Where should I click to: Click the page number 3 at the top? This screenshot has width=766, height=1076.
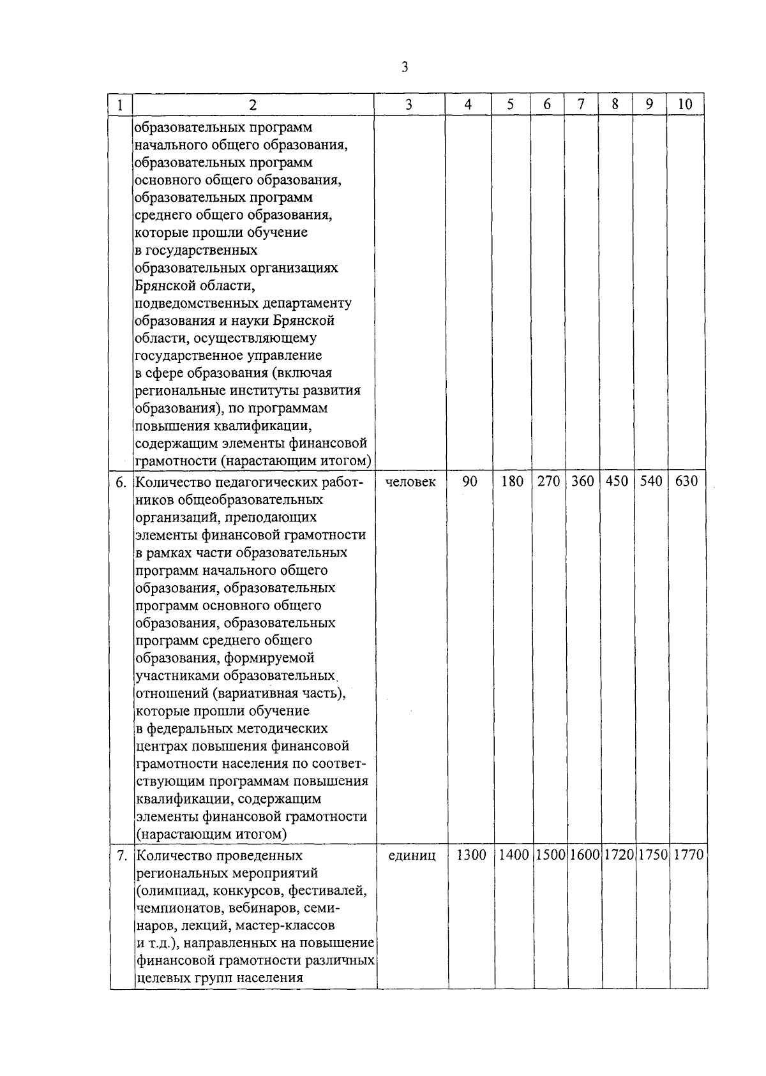[x=405, y=68]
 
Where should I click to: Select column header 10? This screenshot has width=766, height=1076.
[x=685, y=105]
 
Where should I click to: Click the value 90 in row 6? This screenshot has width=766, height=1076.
[x=469, y=482]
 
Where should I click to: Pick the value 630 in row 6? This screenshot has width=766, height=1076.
[x=686, y=482]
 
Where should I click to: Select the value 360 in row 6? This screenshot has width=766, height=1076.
[x=582, y=482]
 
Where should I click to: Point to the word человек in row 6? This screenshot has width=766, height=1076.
[x=411, y=482]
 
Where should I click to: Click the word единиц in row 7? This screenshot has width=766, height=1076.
[x=412, y=856]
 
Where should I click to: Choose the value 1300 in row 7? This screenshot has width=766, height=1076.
[x=471, y=855]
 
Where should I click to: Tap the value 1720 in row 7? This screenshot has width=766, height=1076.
[x=617, y=855]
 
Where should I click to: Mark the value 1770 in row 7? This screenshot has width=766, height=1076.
[x=687, y=855]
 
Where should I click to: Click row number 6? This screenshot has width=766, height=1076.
[x=121, y=482]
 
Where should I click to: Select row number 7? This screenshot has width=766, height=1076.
[x=121, y=856]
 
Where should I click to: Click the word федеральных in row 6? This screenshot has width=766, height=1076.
[x=186, y=728]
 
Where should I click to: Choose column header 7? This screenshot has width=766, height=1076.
[x=581, y=105]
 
